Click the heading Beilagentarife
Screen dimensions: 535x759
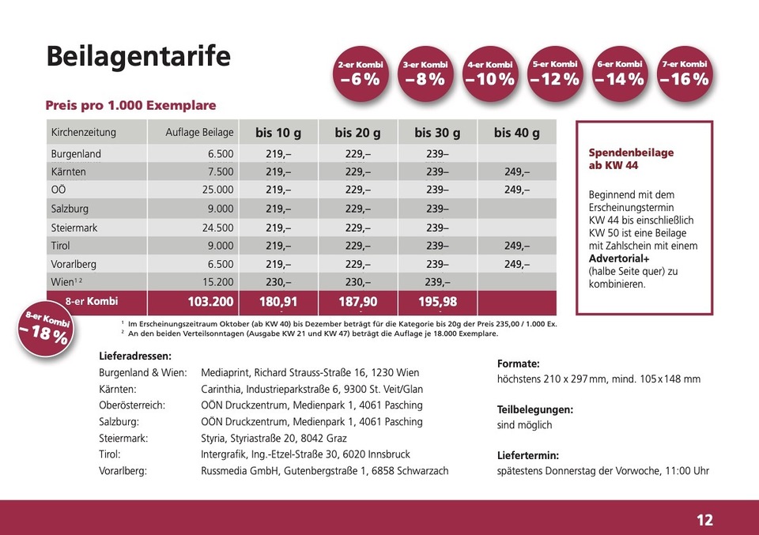[x=138, y=57]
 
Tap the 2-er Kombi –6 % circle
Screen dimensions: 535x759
[x=360, y=73]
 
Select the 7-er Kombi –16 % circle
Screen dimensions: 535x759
[x=684, y=73]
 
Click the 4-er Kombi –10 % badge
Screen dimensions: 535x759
[x=489, y=73]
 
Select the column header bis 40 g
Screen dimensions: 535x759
[x=516, y=132]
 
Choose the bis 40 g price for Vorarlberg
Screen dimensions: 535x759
[x=516, y=264]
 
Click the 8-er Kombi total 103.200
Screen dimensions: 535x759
[x=211, y=301]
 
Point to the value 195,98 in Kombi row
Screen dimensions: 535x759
[x=437, y=301]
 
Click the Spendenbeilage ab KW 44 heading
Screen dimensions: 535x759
[x=631, y=159]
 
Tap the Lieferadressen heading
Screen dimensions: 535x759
[x=135, y=356]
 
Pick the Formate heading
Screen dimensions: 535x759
[x=519, y=364]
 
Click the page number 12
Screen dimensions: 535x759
[x=704, y=519]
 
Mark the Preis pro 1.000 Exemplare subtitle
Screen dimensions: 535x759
[x=130, y=105]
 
